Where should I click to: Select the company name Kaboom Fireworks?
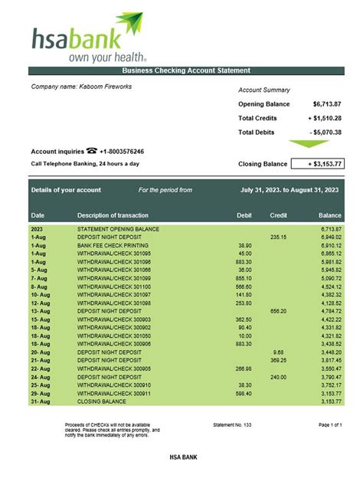81,87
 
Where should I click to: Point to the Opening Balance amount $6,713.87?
327,103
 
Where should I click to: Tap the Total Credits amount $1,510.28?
325,118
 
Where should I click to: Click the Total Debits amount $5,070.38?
325,133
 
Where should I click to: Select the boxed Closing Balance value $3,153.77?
321,163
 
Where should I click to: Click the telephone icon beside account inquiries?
92,151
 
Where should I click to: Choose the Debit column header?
244,215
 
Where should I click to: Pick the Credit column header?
278,215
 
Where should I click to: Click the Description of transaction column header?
113,215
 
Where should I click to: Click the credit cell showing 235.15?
278,237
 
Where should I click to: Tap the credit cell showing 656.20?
278,311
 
